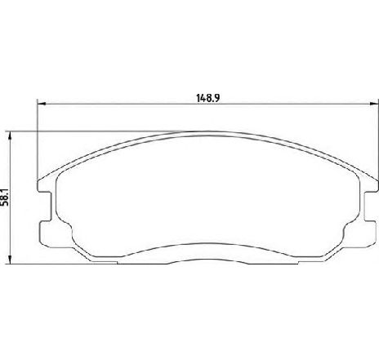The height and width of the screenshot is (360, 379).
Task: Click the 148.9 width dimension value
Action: (x=207, y=96)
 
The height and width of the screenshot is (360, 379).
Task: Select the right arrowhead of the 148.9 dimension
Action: (x=373, y=103)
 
